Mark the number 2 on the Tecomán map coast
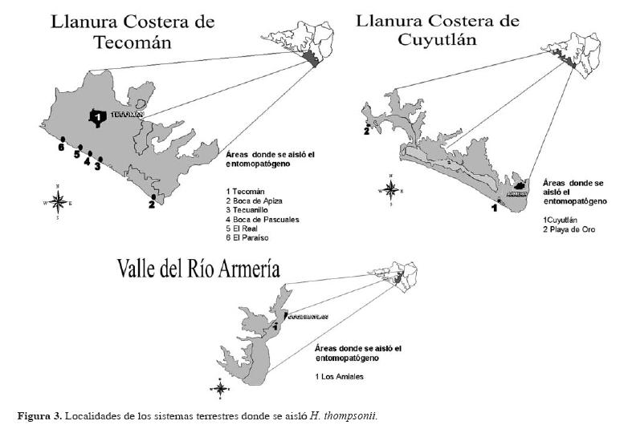tap(151, 204)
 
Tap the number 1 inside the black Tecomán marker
tap(97, 118)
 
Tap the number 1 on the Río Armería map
tap(275, 326)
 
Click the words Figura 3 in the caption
tap(39, 415)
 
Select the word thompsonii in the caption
tap(348, 415)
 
